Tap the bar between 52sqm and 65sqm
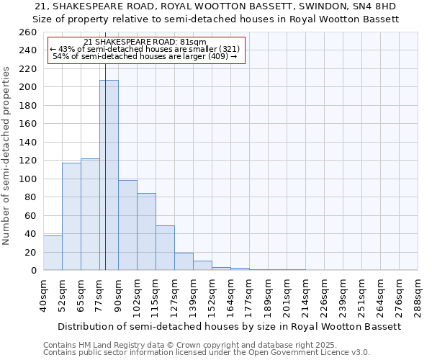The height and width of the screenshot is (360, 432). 71,216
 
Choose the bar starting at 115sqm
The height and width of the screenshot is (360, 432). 165,248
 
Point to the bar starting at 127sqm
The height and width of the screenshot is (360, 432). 184,261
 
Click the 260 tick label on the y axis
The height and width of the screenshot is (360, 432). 28,32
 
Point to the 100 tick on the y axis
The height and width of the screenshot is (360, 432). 28,179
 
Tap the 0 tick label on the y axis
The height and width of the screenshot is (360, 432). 34,271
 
